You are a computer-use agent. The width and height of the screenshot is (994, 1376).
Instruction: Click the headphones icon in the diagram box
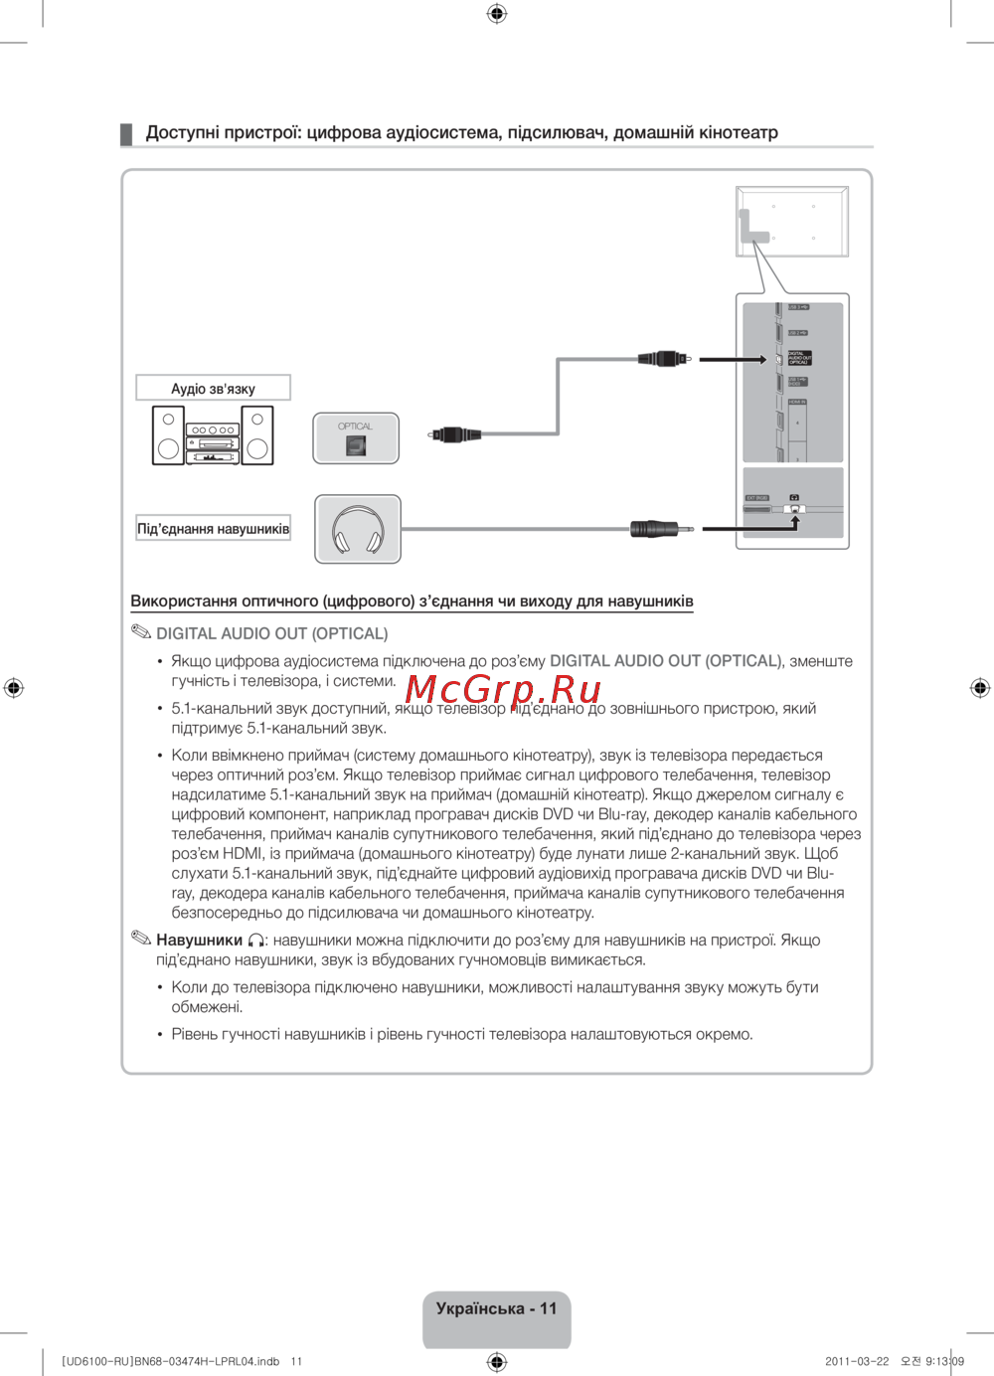[358, 530]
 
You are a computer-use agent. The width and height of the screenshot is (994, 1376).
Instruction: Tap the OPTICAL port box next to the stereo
[356, 438]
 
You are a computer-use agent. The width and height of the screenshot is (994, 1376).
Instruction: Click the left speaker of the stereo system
[168, 435]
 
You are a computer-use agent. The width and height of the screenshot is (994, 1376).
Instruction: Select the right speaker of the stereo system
[257, 435]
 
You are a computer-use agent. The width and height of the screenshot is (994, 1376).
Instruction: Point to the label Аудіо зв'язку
[213, 389]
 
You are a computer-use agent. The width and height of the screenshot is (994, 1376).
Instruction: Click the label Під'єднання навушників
[213, 529]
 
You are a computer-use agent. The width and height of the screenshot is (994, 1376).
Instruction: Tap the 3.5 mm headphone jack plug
[655, 529]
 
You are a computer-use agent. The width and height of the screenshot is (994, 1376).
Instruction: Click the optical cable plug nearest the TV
[663, 359]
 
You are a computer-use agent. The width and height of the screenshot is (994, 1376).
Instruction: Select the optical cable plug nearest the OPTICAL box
[456, 434]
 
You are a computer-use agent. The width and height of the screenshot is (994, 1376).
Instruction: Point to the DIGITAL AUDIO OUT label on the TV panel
[799, 358]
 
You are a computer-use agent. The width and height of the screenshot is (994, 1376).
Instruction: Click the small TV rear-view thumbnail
[792, 222]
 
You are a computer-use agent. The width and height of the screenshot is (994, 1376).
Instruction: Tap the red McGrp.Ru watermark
[503, 689]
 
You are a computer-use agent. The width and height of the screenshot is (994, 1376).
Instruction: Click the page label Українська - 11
[496, 1308]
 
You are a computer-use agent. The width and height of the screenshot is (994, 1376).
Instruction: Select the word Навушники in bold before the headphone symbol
[199, 941]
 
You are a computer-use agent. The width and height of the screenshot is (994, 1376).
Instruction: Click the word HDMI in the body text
[243, 854]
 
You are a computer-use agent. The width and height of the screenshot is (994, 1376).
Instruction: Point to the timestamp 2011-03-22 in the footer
[857, 1361]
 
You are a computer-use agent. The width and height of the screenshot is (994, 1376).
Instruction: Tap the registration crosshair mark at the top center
[497, 13]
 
